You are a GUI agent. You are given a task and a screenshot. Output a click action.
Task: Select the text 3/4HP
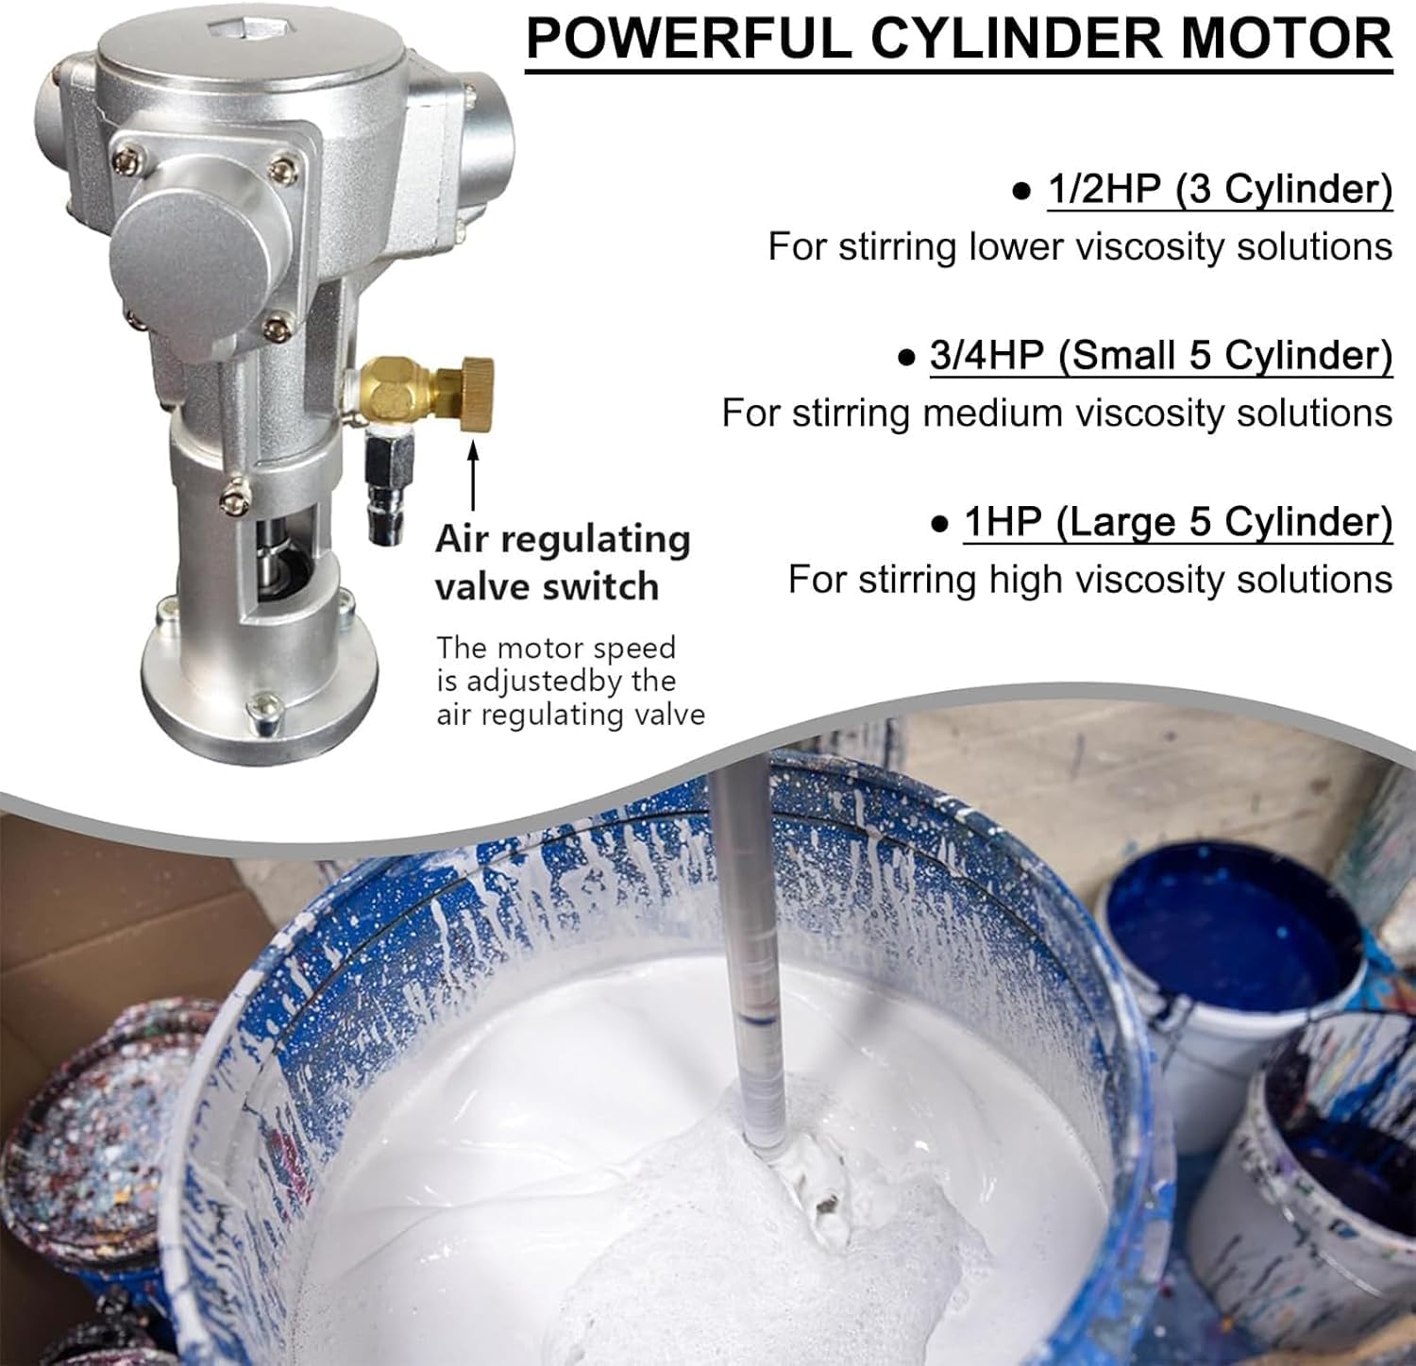(x=986, y=356)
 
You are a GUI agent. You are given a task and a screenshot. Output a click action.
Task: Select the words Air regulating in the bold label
(x=563, y=540)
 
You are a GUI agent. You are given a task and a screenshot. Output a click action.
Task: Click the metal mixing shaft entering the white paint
(x=745, y=944)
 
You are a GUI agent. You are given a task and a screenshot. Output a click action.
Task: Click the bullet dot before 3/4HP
(x=907, y=359)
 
